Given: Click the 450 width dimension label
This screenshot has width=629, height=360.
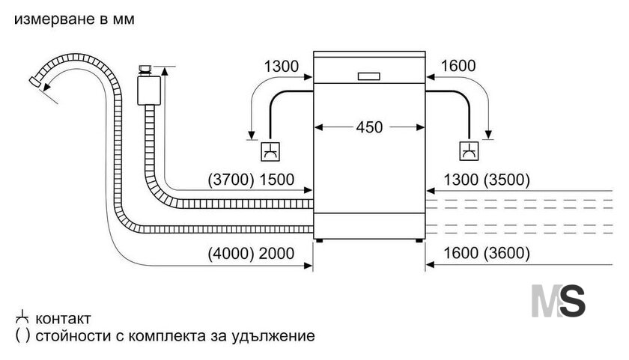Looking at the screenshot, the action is point(369,127).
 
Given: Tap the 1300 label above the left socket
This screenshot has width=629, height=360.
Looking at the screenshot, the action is point(282,66).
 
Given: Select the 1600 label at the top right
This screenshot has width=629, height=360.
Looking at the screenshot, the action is point(458,66).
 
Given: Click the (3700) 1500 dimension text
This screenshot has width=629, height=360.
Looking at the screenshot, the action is point(251,179).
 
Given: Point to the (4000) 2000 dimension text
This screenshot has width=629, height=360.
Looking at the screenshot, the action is point(251,254).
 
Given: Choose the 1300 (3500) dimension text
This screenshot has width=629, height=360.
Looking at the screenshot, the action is point(487,180).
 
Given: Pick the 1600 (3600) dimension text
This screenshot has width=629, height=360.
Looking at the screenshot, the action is point(487,253).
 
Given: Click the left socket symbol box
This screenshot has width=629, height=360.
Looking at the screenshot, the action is point(270,151).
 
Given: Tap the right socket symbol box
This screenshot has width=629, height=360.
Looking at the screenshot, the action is point(469,151).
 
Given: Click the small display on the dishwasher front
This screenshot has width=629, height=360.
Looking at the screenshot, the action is point(369,76).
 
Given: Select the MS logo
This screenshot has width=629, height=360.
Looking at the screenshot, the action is point(559,301).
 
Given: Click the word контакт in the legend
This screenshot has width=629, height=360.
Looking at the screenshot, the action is point(63,319).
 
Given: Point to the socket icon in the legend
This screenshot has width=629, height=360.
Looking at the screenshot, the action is point(22,317).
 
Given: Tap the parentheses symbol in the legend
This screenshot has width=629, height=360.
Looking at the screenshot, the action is point(22,335).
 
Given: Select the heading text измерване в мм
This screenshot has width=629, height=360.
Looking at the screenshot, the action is point(74,19).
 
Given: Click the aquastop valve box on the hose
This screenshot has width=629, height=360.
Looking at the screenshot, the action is point(149,91).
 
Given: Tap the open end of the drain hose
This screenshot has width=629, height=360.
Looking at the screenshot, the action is point(35,81).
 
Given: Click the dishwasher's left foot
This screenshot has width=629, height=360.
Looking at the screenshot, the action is point(319,240).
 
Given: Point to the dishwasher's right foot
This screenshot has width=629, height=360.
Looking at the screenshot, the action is point(419,240).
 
